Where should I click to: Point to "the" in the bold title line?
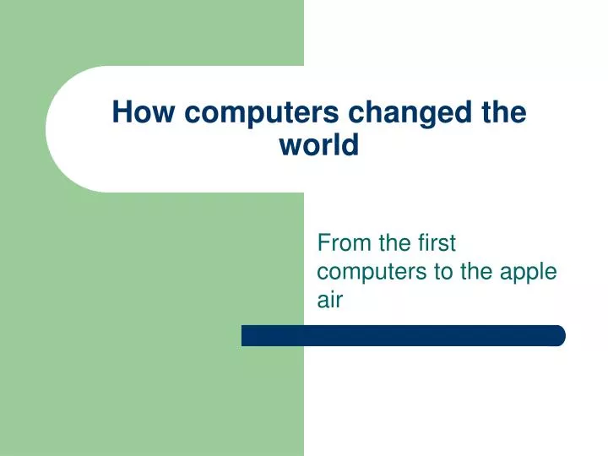tap(505, 112)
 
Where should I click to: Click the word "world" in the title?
tap(318, 145)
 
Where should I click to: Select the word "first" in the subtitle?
tap(436, 243)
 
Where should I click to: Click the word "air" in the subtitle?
tap(329, 299)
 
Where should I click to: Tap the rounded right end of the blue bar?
tap(559, 335)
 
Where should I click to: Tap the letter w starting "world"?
tap(290, 145)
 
